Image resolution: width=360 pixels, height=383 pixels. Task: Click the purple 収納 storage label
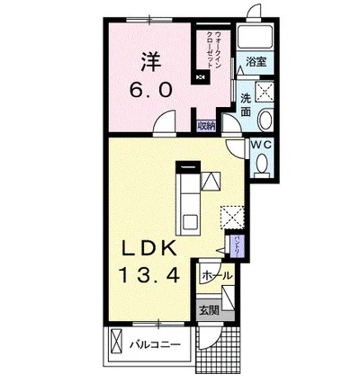tap(206, 126)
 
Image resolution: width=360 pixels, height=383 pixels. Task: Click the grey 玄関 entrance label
tap(210, 310)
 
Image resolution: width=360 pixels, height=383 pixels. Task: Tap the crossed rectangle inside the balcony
tap(117, 343)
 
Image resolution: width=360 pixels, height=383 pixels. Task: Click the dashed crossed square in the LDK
tap(232, 217)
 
